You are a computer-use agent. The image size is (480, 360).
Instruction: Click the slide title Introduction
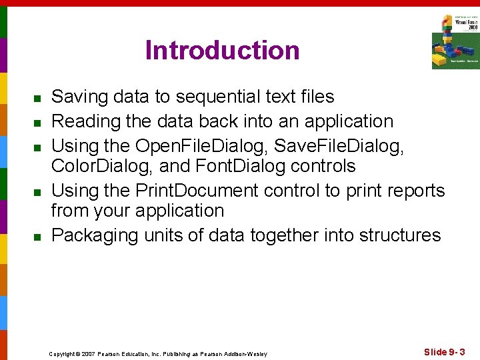click(x=222, y=51)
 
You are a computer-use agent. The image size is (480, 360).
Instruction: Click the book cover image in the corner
click(x=455, y=41)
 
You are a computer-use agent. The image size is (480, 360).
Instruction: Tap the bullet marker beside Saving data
click(x=39, y=99)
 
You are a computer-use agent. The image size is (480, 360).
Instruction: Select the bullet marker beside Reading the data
click(x=39, y=123)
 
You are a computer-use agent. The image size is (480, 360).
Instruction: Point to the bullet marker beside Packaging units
click(x=39, y=237)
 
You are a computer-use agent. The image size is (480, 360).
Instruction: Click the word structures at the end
click(x=400, y=235)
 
